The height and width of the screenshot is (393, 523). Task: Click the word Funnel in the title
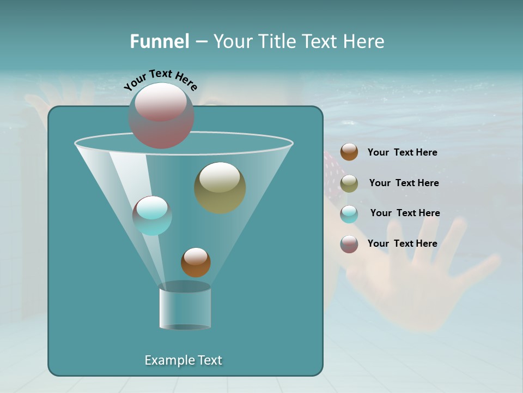(x=159, y=41)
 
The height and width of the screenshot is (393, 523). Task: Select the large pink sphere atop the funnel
(x=161, y=115)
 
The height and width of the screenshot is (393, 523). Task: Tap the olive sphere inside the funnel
(x=220, y=187)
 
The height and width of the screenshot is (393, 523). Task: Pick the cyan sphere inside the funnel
(x=152, y=216)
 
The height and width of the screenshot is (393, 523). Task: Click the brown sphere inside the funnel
(x=196, y=262)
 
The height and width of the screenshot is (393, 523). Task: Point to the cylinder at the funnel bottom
(x=185, y=307)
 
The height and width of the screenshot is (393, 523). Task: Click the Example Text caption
(x=183, y=360)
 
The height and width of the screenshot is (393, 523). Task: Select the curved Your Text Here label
(x=160, y=79)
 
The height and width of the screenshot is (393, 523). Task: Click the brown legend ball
(x=349, y=152)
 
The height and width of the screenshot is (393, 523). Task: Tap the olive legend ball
(x=349, y=183)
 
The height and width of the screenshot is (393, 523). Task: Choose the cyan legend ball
(x=349, y=214)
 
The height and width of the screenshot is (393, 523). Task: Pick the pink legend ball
(x=349, y=244)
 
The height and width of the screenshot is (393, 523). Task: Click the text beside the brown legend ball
(x=402, y=153)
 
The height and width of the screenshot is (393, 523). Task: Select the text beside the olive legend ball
(x=404, y=183)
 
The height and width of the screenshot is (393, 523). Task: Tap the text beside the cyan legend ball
(x=405, y=213)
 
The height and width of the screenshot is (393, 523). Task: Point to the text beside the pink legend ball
(x=402, y=243)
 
